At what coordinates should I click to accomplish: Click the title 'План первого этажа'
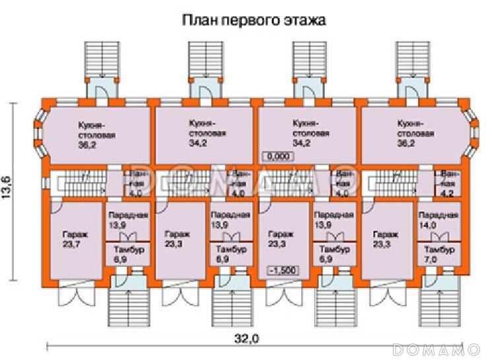coord(254,20)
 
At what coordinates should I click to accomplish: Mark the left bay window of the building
coord(41,136)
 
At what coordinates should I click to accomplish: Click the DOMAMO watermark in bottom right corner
coord(436,348)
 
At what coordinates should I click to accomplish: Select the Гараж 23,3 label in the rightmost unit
coord(385,240)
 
